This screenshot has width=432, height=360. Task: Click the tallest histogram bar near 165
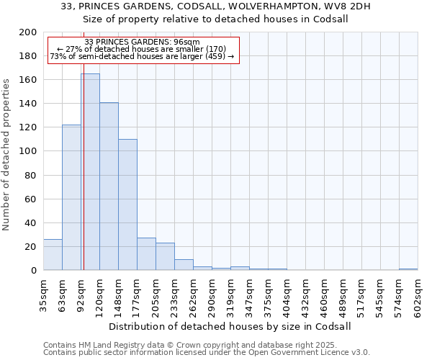[90, 173]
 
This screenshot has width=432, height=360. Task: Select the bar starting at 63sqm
[71, 198]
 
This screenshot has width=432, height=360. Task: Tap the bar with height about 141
[109, 187]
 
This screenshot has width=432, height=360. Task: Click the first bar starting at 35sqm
[53, 255]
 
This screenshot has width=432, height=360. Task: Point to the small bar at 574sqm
[408, 269]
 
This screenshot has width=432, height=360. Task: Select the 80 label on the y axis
[31, 175]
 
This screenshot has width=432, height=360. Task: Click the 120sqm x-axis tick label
[99, 292]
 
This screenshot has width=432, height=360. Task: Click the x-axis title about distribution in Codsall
[230, 326]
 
